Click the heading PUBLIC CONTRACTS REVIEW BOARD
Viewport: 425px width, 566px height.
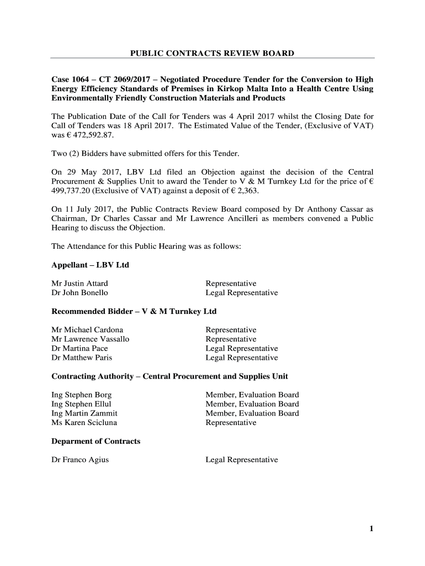212,53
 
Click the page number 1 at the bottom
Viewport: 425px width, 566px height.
371,529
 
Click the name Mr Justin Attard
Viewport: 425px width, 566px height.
79,284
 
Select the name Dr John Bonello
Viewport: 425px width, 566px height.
79,293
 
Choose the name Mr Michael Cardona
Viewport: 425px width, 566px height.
87,330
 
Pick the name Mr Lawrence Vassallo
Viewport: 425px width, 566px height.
90,339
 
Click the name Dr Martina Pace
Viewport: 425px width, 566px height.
79,349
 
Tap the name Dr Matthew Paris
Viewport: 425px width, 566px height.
82,358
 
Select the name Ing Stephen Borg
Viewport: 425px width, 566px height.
81,395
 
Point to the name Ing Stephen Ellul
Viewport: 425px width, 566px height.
81,404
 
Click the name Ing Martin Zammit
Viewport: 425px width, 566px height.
84,413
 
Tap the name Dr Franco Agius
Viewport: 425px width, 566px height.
80,460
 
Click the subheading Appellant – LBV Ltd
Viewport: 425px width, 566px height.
90,265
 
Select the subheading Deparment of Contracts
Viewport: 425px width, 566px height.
95,441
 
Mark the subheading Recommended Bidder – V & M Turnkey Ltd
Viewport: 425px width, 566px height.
134,312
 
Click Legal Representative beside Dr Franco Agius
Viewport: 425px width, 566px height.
241,460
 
